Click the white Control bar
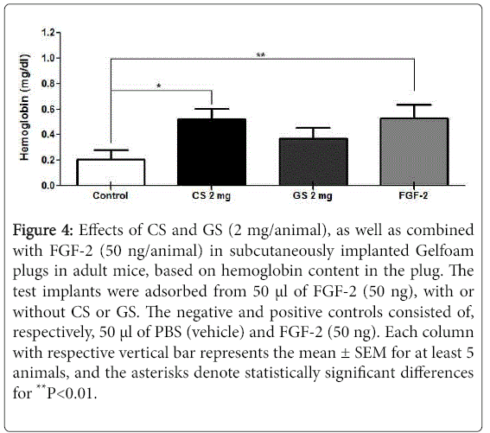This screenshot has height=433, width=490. point(111,172)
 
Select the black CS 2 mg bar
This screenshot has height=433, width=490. point(212,152)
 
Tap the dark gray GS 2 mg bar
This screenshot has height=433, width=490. point(313,162)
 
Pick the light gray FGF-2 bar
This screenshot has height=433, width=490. point(414,151)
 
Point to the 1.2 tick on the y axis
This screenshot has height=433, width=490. point(58,33)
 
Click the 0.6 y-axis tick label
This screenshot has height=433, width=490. point(48,109)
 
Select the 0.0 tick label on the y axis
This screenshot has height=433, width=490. point(48,186)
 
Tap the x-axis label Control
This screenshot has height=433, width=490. point(111,195)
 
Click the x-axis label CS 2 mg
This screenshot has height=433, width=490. point(211,196)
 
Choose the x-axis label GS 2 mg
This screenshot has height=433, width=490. point(313,196)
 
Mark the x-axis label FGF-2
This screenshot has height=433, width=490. point(413,195)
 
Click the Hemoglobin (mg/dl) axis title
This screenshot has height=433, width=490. point(24,107)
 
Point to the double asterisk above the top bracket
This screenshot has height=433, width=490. point(261,55)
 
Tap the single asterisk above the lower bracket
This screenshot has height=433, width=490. point(159,86)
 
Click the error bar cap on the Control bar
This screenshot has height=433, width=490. point(111,150)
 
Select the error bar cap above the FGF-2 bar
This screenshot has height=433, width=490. point(414,105)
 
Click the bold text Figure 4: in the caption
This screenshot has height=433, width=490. point(43,231)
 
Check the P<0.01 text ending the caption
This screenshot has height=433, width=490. point(72,393)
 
